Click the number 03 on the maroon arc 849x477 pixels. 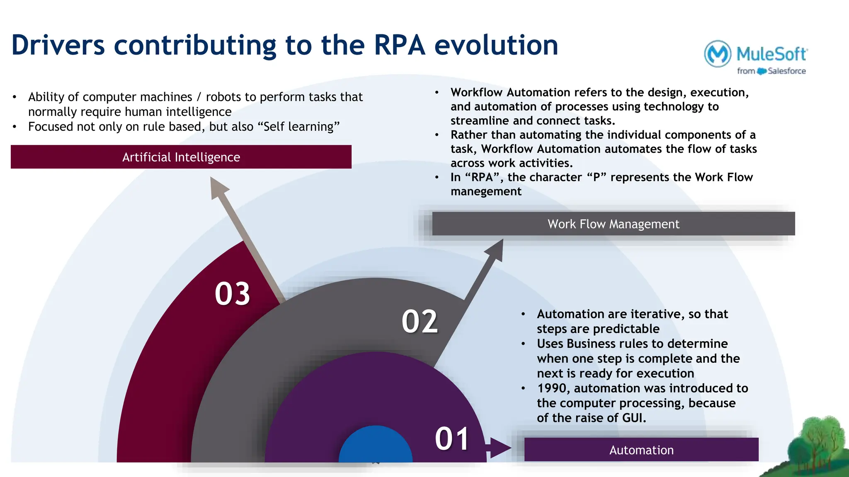point(232,294)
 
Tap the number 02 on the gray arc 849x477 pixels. point(420,322)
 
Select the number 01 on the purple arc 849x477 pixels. point(452,439)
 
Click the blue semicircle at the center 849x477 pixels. point(376,447)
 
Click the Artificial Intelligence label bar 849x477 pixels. point(181,157)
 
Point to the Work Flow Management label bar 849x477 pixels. point(613,224)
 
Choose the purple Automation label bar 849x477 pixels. point(641,450)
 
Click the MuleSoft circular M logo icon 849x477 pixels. point(717,54)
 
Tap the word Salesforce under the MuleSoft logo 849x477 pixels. point(786,71)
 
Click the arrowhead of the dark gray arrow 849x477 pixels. point(495,249)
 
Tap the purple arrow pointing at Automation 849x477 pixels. point(499,448)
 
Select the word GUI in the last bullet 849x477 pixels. point(634,418)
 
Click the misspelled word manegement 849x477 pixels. point(486,192)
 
